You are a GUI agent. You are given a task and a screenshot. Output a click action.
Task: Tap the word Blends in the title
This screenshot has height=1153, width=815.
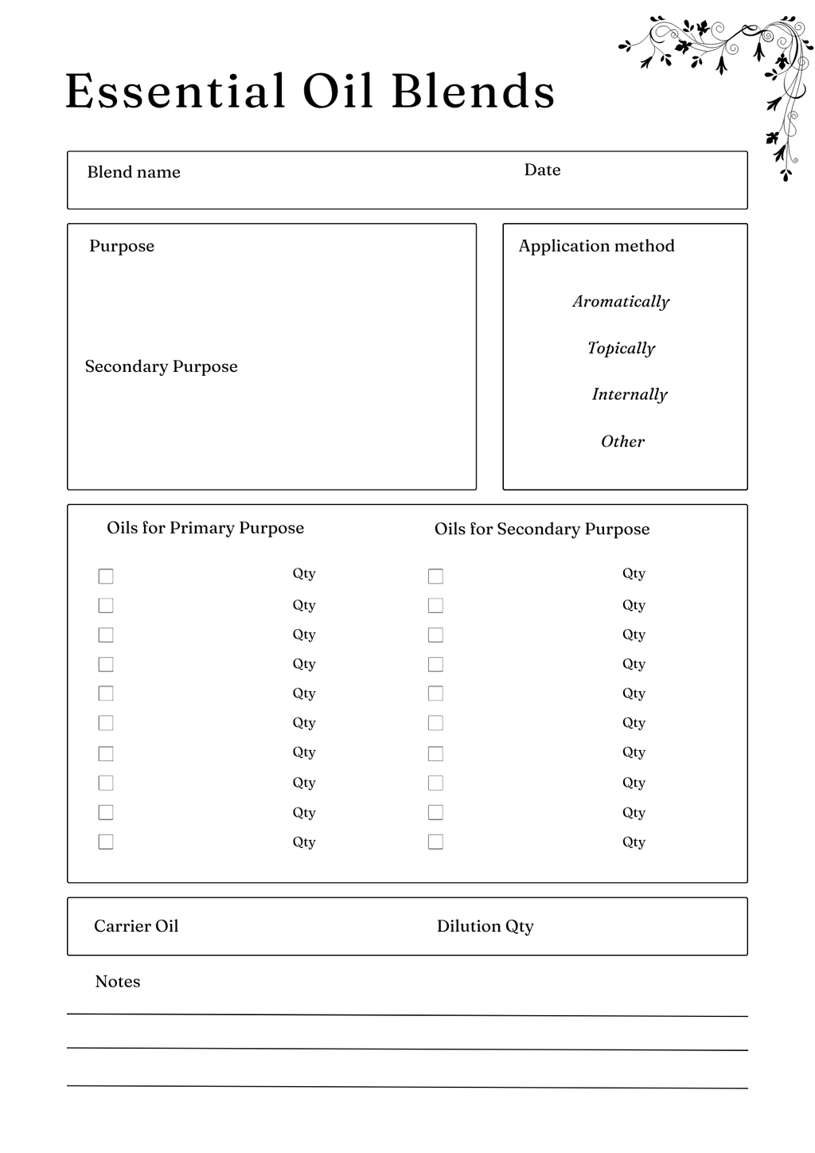[473, 91]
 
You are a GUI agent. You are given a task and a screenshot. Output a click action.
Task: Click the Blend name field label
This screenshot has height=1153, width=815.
[134, 172]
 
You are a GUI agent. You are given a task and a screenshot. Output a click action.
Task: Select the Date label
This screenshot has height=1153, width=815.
[542, 170]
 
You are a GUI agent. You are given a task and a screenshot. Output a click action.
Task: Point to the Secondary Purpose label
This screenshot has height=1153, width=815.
[162, 366]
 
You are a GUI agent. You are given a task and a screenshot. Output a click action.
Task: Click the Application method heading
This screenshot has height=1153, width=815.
[596, 246]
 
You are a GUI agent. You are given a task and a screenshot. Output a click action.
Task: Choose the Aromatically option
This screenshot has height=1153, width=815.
[621, 302]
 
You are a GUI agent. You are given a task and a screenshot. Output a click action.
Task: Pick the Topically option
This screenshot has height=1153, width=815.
[621, 348]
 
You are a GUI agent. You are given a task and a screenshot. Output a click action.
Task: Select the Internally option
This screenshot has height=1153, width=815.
[629, 394]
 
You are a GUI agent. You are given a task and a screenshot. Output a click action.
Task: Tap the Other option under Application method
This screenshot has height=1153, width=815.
[622, 441]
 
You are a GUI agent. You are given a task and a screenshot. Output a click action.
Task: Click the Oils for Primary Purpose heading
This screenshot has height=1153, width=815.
[205, 528]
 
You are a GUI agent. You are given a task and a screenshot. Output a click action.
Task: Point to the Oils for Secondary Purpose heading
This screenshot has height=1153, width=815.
[542, 529]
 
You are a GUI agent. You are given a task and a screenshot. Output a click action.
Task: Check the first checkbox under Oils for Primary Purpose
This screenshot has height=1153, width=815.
[106, 576]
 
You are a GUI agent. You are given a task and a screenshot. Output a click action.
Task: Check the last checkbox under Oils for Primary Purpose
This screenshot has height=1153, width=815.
[106, 842]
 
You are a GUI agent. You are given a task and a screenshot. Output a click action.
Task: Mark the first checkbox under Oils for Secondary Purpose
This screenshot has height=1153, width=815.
[435, 576]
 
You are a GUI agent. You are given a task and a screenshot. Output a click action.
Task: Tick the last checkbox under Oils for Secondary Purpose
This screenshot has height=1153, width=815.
[435, 842]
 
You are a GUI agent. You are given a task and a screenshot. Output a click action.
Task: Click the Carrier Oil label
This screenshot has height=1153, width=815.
[136, 926]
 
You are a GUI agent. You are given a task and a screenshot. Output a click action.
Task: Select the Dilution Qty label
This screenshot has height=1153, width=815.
[485, 926]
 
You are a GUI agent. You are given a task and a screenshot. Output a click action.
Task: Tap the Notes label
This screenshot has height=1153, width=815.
[118, 982]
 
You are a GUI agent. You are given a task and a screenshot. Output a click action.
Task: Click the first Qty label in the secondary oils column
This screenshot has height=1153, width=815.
[634, 574]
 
